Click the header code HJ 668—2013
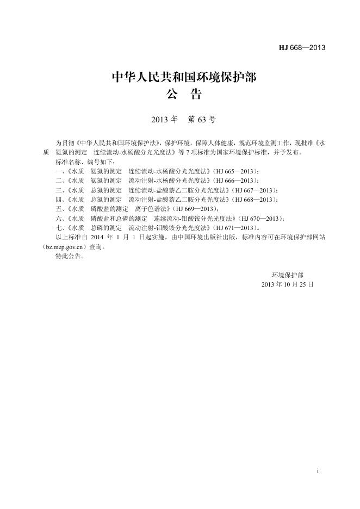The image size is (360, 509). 302,48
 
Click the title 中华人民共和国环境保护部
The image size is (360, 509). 184,78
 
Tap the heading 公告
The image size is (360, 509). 184,96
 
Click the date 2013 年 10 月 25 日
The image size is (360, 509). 288,284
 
